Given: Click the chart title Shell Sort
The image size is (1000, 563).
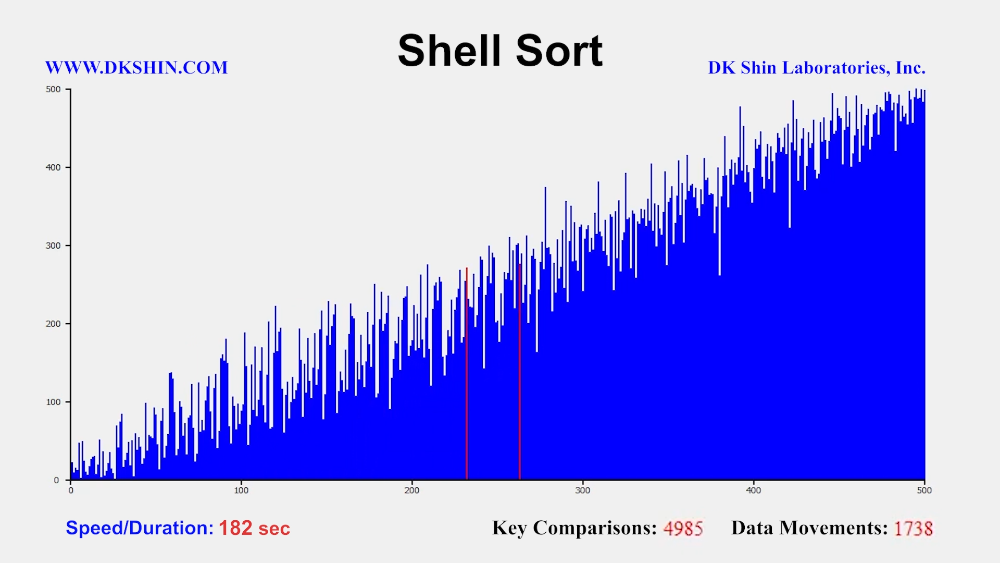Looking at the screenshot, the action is point(500,51).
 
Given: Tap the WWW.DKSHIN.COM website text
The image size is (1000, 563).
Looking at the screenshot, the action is point(136,68).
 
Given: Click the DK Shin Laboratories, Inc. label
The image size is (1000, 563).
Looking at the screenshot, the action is point(817,68).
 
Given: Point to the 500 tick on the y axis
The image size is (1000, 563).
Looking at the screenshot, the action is point(53,89).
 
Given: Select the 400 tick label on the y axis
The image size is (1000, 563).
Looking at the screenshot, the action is point(53,167).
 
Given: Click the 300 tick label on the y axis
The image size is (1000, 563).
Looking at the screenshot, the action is point(53,246).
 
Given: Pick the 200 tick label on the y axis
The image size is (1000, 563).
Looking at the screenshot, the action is point(53,324).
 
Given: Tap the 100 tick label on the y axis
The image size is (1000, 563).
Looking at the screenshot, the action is point(53,402).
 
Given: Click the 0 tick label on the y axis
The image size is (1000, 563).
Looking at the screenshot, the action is point(56,480).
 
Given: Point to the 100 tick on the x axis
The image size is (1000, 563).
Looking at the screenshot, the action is point(241,490).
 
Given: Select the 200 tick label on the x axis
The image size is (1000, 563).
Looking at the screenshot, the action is point(412,490).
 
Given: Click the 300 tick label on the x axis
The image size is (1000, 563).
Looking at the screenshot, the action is point(583,490).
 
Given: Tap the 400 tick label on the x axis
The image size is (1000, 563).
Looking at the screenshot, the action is point(754,490).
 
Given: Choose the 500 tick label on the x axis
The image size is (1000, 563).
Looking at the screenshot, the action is point(924,490).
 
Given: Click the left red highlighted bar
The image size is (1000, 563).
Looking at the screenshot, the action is point(467,374).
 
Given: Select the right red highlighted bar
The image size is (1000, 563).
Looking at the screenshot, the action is point(520,372).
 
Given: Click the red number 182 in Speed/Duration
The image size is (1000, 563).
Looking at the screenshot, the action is point(235,528).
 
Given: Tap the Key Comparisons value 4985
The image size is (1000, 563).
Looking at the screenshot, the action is point(683,529).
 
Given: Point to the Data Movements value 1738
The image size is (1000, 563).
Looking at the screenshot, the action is point(914,529).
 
